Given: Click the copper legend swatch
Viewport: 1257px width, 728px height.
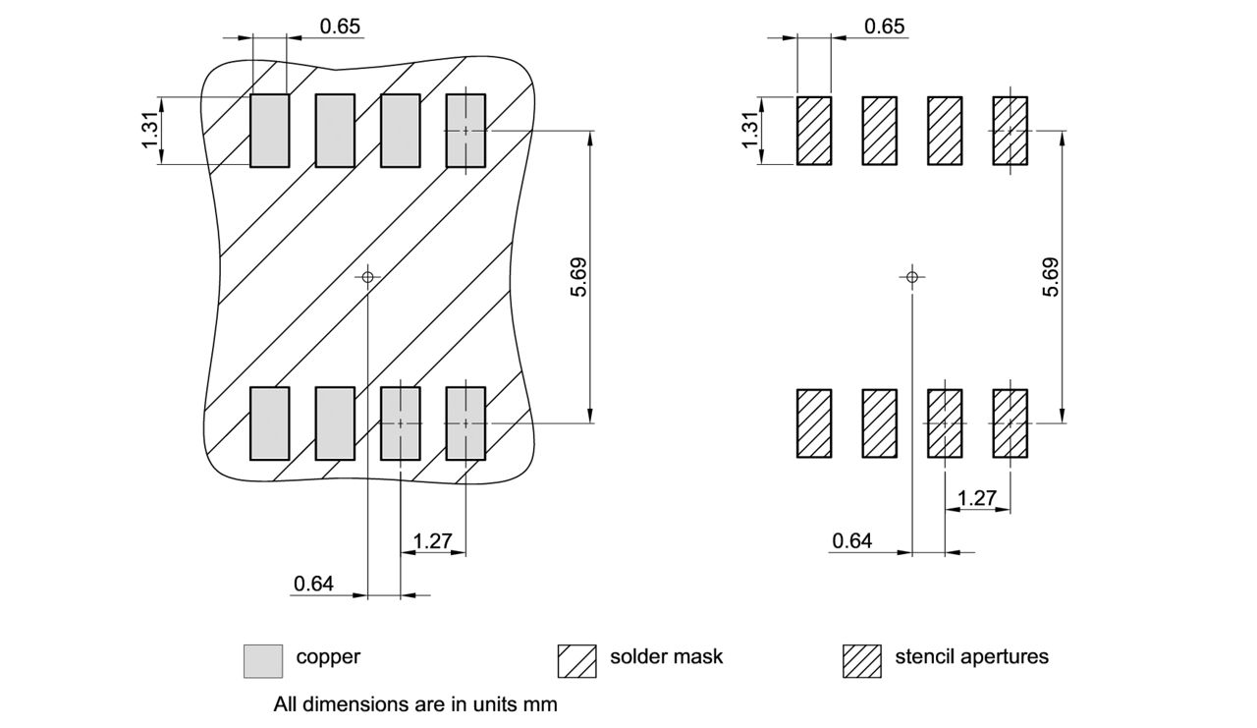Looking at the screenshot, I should pyautogui.click(x=262, y=660).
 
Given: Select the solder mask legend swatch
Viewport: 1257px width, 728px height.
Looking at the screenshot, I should pyautogui.click(x=576, y=660).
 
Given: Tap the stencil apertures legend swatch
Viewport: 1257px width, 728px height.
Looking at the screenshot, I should pyautogui.click(x=861, y=660).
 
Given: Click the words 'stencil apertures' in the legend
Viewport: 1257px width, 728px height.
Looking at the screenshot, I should pyautogui.click(x=971, y=656).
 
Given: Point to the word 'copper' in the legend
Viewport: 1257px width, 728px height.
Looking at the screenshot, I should pyautogui.click(x=328, y=656).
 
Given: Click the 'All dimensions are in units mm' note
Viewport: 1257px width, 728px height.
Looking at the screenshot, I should pyautogui.click(x=415, y=704).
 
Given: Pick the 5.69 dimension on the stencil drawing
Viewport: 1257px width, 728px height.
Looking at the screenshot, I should pyautogui.click(x=1051, y=276).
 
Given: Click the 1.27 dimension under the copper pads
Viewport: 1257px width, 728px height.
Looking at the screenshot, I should pyautogui.click(x=432, y=541).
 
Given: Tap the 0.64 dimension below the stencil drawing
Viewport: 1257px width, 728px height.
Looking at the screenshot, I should pyautogui.click(x=851, y=540).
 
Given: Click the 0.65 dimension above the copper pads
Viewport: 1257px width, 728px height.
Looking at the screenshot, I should pyautogui.click(x=340, y=27).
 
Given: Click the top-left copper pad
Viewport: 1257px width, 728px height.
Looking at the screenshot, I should pyautogui.click(x=270, y=131).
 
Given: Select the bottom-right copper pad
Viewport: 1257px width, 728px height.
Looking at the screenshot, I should pyautogui.click(x=465, y=423).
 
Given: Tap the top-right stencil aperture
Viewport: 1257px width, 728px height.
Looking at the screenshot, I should pyautogui.click(x=1011, y=131).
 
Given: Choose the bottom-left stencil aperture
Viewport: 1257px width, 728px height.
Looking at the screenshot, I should pyautogui.click(x=814, y=423).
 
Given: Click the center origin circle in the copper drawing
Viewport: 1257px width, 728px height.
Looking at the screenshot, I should pyautogui.click(x=367, y=277).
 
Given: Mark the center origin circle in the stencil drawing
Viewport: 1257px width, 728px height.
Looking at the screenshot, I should pyautogui.click(x=912, y=277).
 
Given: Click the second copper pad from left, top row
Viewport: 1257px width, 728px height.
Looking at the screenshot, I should pyautogui.click(x=335, y=131).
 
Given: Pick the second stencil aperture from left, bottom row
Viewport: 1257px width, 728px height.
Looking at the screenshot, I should pyautogui.click(x=879, y=423).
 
